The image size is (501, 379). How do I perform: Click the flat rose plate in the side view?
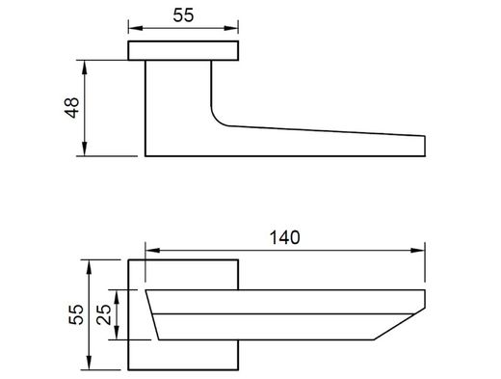tap(184, 52)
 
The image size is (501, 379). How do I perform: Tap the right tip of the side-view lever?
tap(424, 146)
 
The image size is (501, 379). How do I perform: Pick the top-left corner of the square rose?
tap(129, 259)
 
